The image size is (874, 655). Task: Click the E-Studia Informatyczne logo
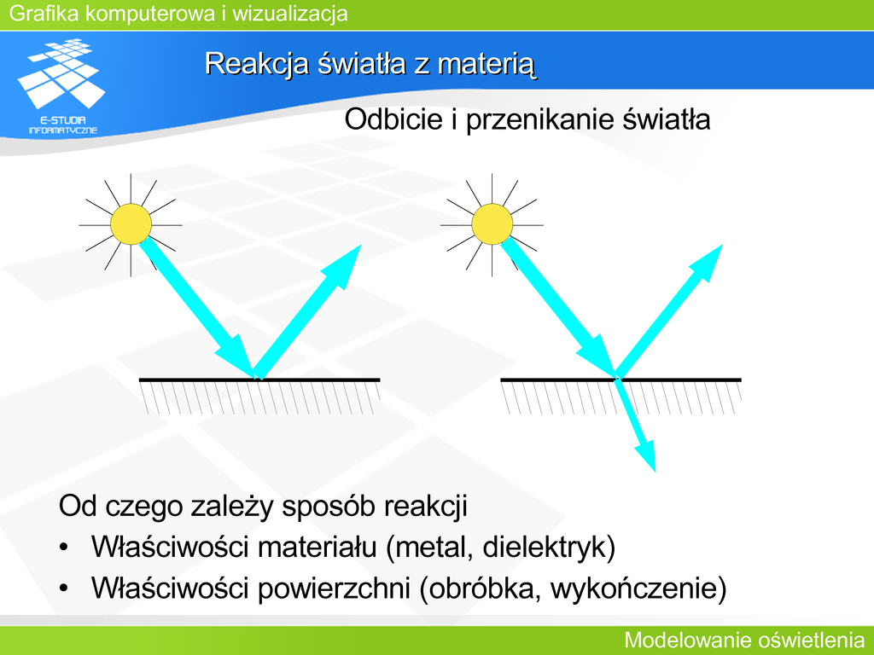61,86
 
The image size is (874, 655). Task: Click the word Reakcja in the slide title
256,63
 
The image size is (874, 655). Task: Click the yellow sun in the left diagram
131,224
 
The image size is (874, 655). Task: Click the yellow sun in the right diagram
492,224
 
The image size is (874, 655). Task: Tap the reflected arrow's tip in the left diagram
361,245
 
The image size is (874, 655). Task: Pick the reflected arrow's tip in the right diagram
722,245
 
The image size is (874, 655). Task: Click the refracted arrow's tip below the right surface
655,471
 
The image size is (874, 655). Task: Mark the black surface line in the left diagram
259,380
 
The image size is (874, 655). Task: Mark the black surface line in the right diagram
621,380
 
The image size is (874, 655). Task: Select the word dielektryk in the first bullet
544,547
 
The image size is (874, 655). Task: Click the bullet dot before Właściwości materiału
64,547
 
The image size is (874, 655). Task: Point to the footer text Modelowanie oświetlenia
744,640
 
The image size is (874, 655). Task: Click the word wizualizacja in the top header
290,14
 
